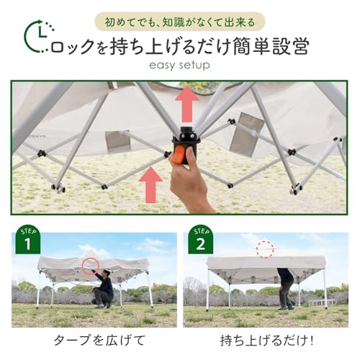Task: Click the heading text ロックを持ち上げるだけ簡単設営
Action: pyautogui.click(x=180, y=46)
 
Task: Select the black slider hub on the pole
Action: pyautogui.click(x=186, y=137)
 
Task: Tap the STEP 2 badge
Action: pyautogui.click(x=199, y=239)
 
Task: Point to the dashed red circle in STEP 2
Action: pyautogui.click(x=265, y=249)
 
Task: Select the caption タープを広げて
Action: pyautogui.click(x=89, y=338)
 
